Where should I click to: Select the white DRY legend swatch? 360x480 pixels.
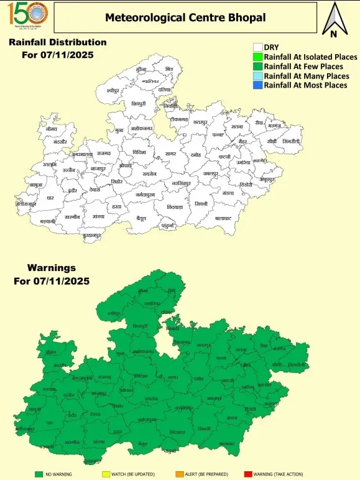257,47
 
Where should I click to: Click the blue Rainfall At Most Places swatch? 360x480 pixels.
257,85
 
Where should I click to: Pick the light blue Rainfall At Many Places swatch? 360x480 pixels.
257,75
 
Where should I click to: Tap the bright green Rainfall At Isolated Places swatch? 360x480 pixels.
257,57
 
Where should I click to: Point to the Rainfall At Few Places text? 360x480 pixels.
303,66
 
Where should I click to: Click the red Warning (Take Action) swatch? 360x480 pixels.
247,474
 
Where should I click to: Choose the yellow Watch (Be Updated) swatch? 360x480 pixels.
106,474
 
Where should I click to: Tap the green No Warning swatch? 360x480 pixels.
39,474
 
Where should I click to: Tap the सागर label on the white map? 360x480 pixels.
171,153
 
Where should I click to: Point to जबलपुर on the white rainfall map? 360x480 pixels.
212,173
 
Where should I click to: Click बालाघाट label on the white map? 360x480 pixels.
224,218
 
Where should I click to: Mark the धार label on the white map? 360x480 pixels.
50,197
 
